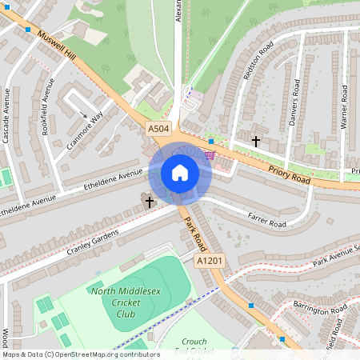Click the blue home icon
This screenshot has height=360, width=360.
pyautogui.click(x=179, y=173)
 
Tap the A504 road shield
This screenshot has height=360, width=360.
pyautogui.click(x=158, y=129)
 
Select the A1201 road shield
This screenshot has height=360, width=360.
pyautogui.click(x=210, y=261)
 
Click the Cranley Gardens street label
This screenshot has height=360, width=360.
pyautogui.click(x=93, y=238)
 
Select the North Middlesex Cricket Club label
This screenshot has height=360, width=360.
pyautogui.click(x=124, y=302)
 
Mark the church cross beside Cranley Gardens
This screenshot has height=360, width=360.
pyautogui.click(x=150, y=201)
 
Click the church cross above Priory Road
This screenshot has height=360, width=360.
pyautogui.click(x=256, y=141)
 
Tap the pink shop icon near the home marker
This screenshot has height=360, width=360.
pyautogui.click(x=210, y=155)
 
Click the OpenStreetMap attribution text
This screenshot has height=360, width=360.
pyautogui.click(x=80, y=354)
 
